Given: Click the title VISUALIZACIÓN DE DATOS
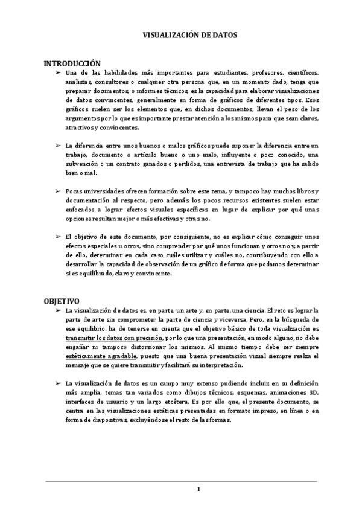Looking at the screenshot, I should (x=181, y=36).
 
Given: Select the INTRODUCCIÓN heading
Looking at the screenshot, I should (x=72, y=63).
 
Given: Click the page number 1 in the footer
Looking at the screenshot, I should (x=198, y=489).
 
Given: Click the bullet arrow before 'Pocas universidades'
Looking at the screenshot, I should (x=58, y=191).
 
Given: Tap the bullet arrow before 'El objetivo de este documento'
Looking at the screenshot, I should (x=58, y=236).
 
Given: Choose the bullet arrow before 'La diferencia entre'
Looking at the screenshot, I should (x=58, y=146).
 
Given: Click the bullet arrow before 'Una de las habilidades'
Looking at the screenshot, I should (x=58, y=72).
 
